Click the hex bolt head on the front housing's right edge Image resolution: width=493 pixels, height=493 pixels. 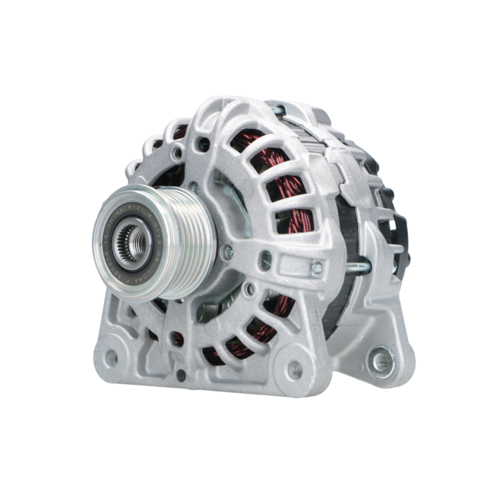(x=317, y=268)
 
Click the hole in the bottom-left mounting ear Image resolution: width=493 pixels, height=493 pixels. (x=111, y=358)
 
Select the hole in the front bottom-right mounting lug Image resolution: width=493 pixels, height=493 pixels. (x=295, y=369)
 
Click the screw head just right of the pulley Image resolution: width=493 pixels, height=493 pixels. (x=228, y=252)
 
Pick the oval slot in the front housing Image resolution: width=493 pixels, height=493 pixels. (x=266, y=260)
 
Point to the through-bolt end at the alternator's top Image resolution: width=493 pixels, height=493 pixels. (x=280, y=110)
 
